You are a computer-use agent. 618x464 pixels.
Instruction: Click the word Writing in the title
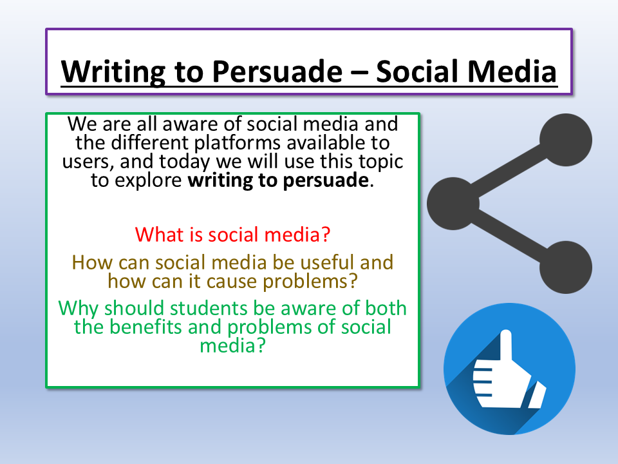pyautogui.click(x=113, y=72)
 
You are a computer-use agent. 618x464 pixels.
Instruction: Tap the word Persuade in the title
pyautogui.click(x=277, y=72)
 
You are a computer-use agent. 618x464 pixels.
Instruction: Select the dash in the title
pyautogui.click(x=359, y=72)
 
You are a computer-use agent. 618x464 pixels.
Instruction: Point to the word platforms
pyautogui.click(x=238, y=143)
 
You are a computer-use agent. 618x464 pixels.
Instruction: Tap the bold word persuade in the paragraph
pyautogui.click(x=326, y=180)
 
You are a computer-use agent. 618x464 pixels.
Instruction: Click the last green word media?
pyautogui.click(x=232, y=345)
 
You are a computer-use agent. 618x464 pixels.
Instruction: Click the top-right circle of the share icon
pyautogui.click(x=566, y=140)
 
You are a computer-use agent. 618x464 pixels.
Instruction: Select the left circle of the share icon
pyautogui.click(x=453, y=204)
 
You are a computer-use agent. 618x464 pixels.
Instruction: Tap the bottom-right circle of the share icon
pyautogui.click(x=566, y=267)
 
